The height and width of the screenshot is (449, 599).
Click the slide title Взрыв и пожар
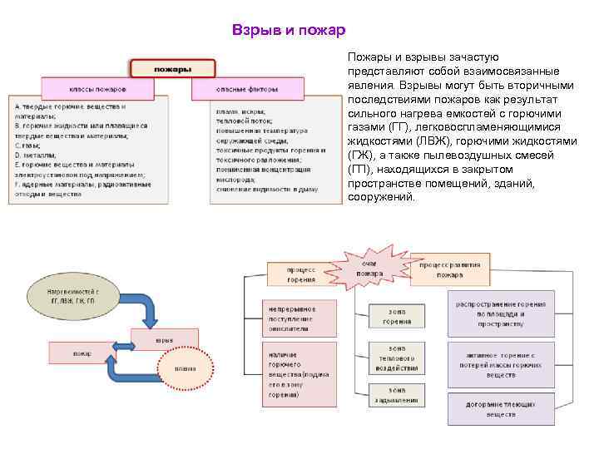coord(289,31)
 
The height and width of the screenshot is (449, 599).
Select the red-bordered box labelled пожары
coord(172,68)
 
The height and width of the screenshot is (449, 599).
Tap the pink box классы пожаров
coord(97,89)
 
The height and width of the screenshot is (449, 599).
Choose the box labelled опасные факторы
coord(247,89)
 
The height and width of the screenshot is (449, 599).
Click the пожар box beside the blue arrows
coord(82,353)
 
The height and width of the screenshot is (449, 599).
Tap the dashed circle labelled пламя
coord(186,369)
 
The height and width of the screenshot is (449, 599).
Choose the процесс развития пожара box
coord(450,269)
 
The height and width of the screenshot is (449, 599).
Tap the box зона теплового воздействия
coord(397,358)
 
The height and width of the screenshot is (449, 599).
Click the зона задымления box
coord(397,395)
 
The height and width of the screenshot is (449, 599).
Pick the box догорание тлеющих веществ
coord(501,407)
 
